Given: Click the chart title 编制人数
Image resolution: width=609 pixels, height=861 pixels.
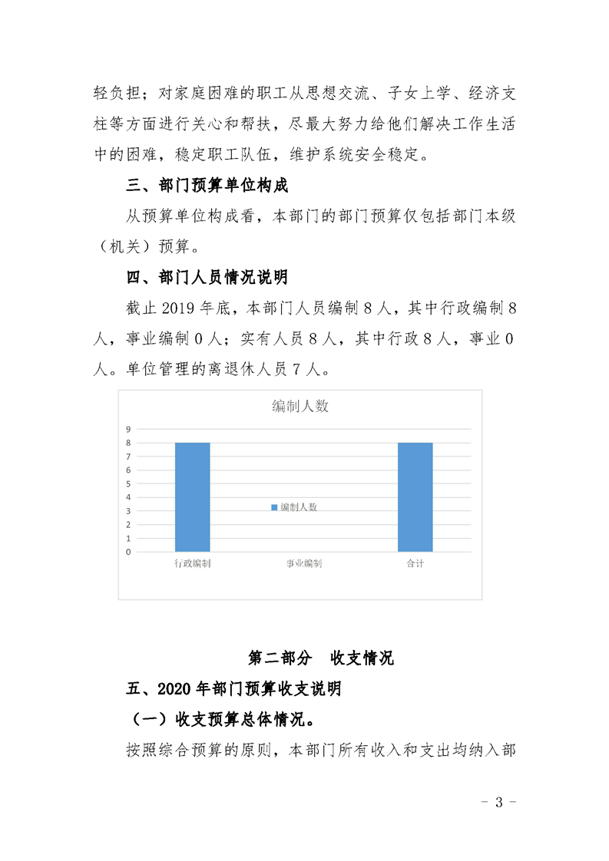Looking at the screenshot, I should pyautogui.click(x=300, y=407).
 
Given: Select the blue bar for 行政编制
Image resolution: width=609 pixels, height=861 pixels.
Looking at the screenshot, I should pyautogui.click(x=193, y=496).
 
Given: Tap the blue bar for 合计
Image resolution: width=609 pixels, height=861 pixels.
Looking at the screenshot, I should pyautogui.click(x=415, y=496).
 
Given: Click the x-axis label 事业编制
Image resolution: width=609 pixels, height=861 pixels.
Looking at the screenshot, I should pyautogui.click(x=304, y=564).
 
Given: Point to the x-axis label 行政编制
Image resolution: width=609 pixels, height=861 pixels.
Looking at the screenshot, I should pyautogui.click(x=193, y=564).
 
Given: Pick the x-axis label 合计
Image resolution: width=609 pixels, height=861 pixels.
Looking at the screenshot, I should pyautogui.click(x=415, y=564).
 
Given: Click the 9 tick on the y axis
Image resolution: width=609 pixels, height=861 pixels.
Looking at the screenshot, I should pyautogui.click(x=129, y=429).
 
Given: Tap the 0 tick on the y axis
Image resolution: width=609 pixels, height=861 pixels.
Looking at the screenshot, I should pyautogui.click(x=129, y=552).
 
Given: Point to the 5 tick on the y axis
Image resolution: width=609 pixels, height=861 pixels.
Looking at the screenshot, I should pyautogui.click(x=129, y=483).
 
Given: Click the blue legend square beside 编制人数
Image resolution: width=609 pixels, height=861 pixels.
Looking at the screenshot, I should pyautogui.click(x=273, y=507).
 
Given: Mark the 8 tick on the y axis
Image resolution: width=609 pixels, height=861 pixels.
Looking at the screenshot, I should pyautogui.click(x=129, y=443).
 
